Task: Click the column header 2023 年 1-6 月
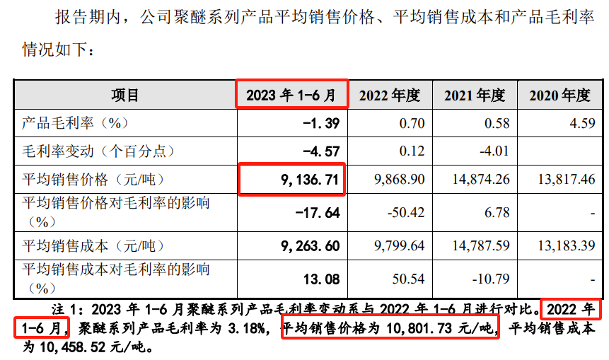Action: (291, 94)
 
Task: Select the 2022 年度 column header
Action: (390, 95)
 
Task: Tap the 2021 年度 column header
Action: (475, 95)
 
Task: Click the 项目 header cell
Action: (125, 95)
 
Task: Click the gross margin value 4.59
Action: (581, 123)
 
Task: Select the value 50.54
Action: (410, 279)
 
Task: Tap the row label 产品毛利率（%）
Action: (74, 123)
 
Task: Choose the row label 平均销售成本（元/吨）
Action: (93, 247)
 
